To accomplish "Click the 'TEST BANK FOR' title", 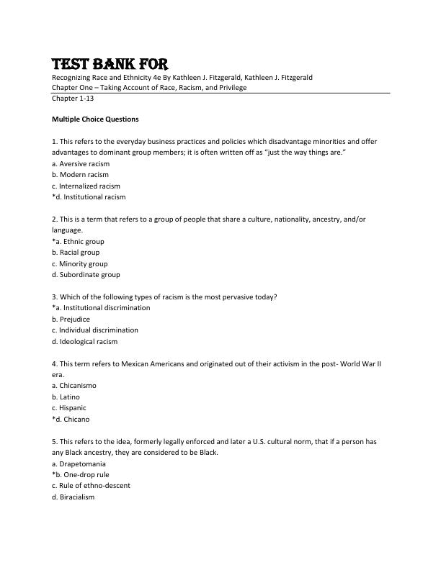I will (x=110, y=63).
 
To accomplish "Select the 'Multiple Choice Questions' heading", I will (x=95, y=119).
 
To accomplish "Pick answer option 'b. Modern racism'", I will (x=80, y=174).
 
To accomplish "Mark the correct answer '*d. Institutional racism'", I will (x=89, y=196).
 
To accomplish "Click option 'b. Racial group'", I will (x=76, y=253).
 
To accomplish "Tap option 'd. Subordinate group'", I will (x=86, y=274).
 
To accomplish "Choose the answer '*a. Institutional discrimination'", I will (x=101, y=308).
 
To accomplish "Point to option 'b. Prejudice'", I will (x=71, y=319).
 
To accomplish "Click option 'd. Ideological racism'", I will (x=84, y=341).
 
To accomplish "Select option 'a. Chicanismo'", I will (x=74, y=386).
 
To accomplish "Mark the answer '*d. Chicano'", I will (x=71, y=419).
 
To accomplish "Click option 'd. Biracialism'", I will (x=73, y=497).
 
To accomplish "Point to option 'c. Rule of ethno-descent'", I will (x=91, y=486).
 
